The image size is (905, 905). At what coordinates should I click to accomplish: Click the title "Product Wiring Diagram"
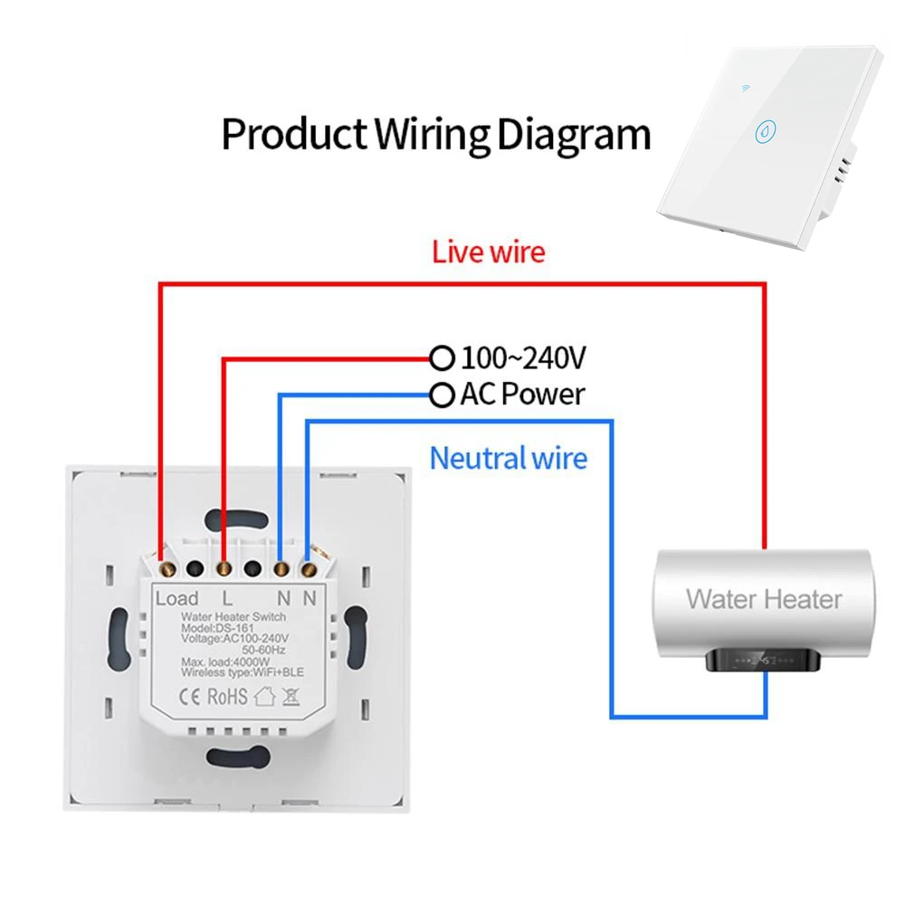coord(436,134)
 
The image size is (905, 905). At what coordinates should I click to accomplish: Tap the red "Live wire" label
coord(489,251)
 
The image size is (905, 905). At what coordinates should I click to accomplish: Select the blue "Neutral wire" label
coord(508,458)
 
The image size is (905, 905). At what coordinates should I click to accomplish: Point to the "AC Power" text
coord(522,395)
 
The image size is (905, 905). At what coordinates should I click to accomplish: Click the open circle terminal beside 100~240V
coord(442,359)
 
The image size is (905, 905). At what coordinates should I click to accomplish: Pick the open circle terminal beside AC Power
coord(442,395)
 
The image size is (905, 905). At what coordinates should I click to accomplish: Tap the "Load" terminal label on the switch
coord(176,598)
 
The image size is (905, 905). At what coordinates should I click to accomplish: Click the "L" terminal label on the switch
coord(227,598)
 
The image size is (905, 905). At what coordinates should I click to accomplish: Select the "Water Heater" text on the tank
coord(764,598)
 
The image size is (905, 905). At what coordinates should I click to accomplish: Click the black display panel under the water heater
coord(763,661)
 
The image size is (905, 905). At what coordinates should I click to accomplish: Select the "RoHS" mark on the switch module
coord(228,697)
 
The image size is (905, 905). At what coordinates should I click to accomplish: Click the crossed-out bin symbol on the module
coord(291,697)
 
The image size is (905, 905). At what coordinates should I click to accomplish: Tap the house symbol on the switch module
coord(264,697)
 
